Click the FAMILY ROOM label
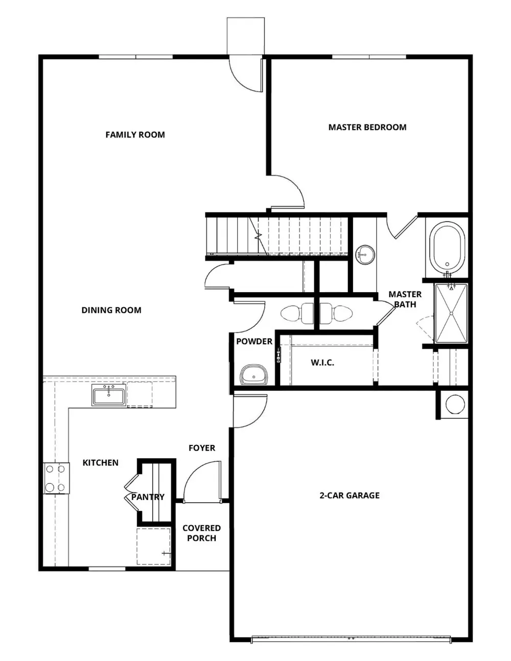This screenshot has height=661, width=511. coord(135,135)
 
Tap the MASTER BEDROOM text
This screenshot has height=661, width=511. coord(367,127)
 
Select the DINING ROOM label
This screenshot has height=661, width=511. coord(111,310)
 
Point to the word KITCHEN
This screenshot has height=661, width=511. coord(101,463)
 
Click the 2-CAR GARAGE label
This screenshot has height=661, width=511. coord(350,495)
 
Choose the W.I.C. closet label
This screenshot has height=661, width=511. coord(322,363)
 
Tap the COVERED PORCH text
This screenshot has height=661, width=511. coord(201,533)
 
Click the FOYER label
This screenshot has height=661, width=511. coord(202,448)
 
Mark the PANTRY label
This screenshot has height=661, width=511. coord(148,497)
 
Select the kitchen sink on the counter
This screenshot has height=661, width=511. coord(109,395)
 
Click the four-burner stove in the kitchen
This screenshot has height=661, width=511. coord(56,478)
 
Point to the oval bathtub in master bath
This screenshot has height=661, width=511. coord(448,248)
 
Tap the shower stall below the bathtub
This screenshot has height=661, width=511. coord(451,313)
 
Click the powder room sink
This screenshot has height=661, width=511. coord(253,375)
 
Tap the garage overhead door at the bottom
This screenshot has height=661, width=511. coord(351,638)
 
